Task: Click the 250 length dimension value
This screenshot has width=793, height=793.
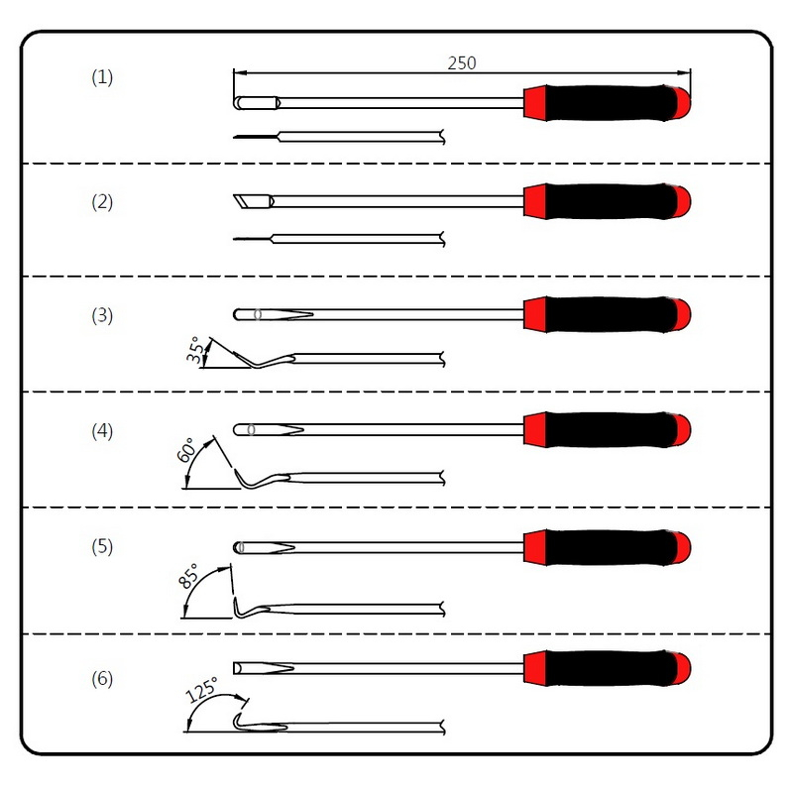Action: pos(462,63)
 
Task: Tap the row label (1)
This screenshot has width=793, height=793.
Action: pos(102,77)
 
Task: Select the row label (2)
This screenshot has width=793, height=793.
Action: pos(102,202)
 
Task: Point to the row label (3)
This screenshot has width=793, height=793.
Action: pos(102,315)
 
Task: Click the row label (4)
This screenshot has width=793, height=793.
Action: pos(102,431)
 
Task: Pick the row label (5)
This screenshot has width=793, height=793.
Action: pos(102,547)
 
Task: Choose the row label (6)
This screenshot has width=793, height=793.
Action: pos(102,679)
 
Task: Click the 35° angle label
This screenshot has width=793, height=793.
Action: pos(195,350)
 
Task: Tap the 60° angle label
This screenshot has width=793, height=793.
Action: pos(185,450)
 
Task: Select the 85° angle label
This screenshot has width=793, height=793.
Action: pos(188,576)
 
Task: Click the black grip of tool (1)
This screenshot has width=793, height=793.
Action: pos(612,103)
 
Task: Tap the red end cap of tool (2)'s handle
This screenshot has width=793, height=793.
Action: pos(683,201)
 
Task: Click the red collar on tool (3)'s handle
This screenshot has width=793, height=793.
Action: pos(535,314)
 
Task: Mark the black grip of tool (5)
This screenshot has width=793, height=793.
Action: pos(612,547)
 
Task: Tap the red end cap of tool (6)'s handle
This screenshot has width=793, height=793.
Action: pos(683,668)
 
